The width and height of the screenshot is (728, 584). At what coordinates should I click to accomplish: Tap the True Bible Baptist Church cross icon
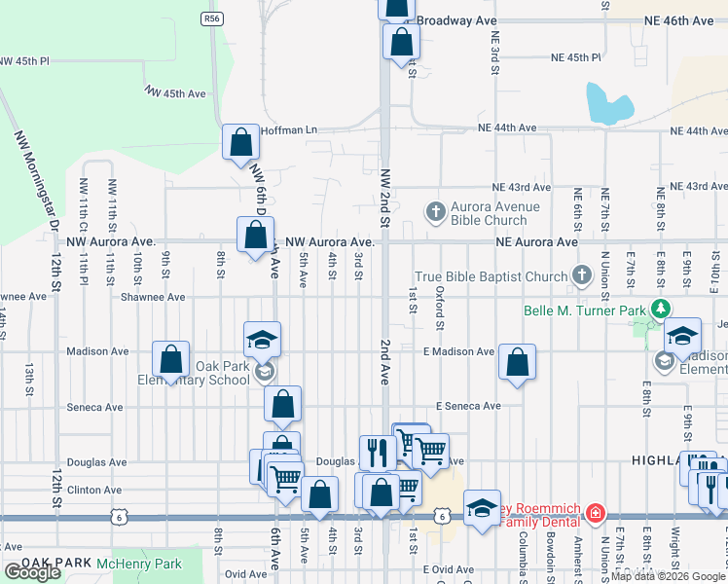click(583, 276)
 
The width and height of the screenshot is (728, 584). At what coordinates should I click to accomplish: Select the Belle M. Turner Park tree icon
click(661, 310)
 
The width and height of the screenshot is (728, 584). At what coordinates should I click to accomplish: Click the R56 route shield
click(211, 18)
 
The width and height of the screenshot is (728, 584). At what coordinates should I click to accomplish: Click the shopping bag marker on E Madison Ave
click(517, 362)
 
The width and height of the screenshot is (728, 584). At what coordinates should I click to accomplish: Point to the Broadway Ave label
click(457, 19)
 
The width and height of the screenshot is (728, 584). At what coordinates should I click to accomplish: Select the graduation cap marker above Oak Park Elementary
click(262, 339)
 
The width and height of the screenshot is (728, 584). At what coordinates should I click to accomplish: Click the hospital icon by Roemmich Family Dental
click(597, 513)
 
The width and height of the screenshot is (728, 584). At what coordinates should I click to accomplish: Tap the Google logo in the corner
click(32, 572)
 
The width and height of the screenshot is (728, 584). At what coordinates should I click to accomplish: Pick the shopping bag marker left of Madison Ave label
click(171, 359)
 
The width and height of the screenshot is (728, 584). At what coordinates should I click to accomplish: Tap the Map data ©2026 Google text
click(669, 576)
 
